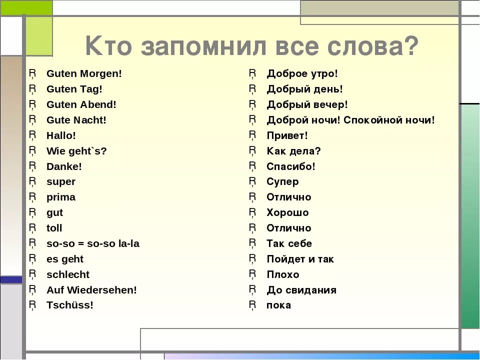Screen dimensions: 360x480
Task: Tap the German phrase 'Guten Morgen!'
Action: coord(84,74)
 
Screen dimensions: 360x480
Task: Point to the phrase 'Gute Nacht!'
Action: coord(76,120)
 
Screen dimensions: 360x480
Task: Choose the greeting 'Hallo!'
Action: coord(61,136)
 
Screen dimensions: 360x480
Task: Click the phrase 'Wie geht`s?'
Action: coord(76,151)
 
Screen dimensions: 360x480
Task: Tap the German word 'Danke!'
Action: coord(64,166)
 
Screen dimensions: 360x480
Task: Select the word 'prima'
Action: coord(61,197)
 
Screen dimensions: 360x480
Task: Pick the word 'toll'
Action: coord(54,228)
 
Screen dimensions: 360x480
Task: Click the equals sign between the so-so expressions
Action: coord(81,244)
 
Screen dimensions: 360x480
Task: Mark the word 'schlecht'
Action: coord(68,275)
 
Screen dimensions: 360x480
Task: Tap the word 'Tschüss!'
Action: coord(70,305)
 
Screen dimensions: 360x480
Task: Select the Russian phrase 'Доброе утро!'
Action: coord(302,74)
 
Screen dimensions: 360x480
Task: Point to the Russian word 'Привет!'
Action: coord(287,136)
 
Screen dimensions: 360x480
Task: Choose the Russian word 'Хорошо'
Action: coord(287,213)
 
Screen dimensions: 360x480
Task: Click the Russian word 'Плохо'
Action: coord(282,275)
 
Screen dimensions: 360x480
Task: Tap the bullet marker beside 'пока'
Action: coord(253,305)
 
